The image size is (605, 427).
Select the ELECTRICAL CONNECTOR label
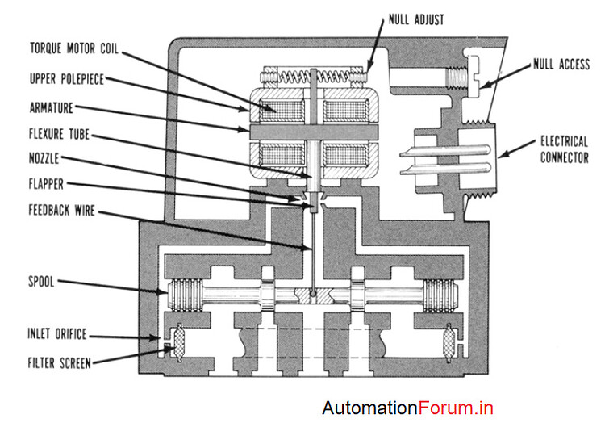pos(564,149)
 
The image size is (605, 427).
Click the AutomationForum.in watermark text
pos(407,408)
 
